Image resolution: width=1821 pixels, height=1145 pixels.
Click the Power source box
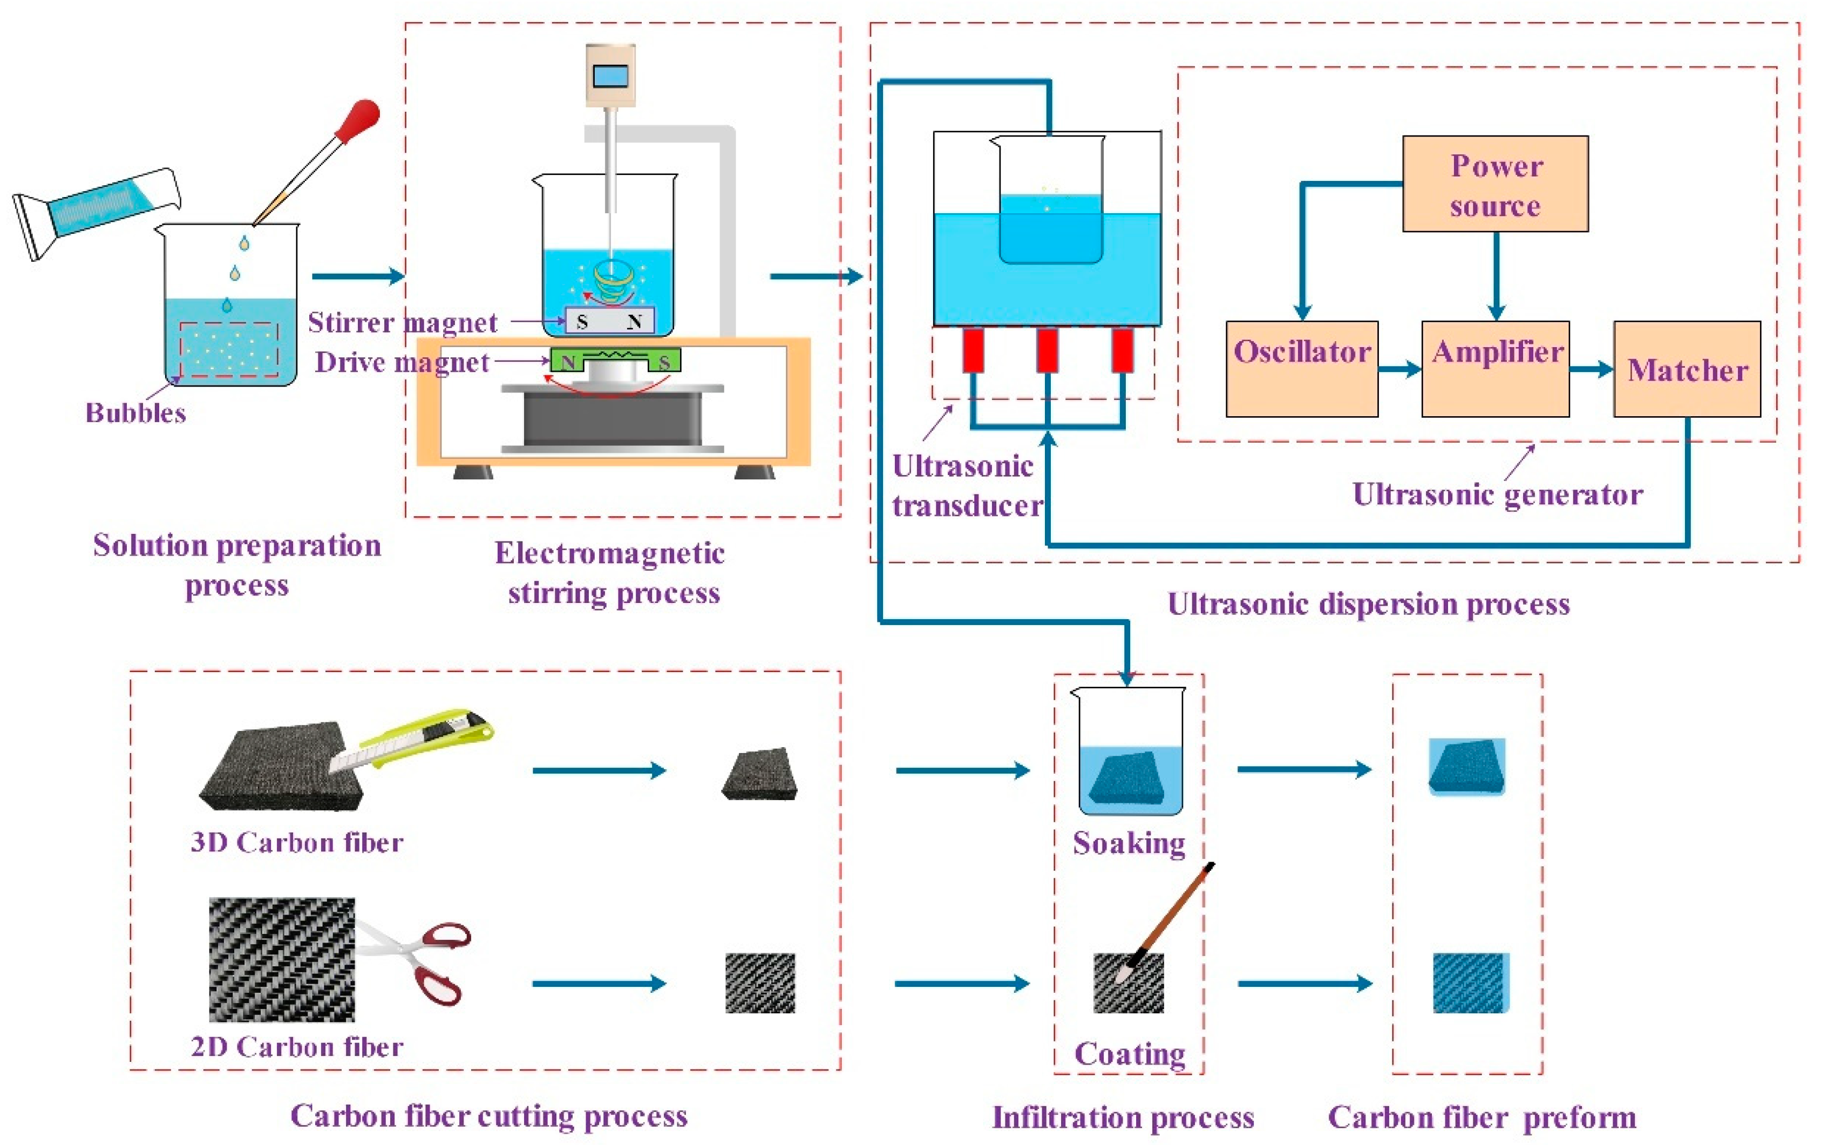pos(1495,184)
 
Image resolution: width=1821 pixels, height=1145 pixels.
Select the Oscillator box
pos(1301,369)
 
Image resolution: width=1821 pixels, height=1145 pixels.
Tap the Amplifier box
pos(1495,369)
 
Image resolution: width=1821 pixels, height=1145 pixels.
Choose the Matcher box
pos(1687,369)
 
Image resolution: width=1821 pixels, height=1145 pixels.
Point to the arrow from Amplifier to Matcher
pos(1592,370)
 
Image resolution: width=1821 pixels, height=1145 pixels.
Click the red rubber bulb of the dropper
pos(357,120)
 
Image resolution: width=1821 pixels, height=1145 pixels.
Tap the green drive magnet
pos(615,361)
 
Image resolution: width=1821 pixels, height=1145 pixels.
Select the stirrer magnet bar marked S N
pos(609,321)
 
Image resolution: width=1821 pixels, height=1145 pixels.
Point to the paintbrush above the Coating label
pos(1165,923)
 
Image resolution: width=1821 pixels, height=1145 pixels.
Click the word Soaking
pos(1129,843)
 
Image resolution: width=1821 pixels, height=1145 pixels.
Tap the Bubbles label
pos(136,413)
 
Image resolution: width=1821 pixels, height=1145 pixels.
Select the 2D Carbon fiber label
pos(297,1047)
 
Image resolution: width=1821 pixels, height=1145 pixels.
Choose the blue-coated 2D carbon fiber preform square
pos(1471,983)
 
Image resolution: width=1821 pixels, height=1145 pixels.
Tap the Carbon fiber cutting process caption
pos(490,1116)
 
